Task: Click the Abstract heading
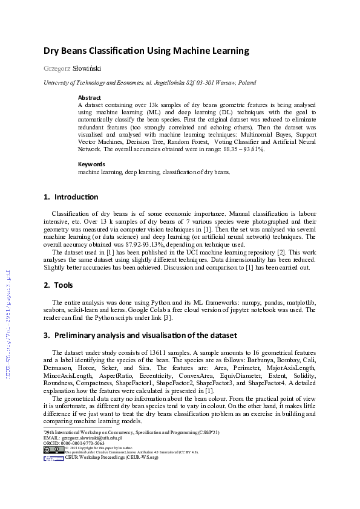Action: [90, 97]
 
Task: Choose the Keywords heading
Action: [91, 164]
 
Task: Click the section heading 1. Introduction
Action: [71, 197]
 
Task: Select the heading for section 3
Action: [140, 335]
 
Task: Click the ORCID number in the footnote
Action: [79, 443]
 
